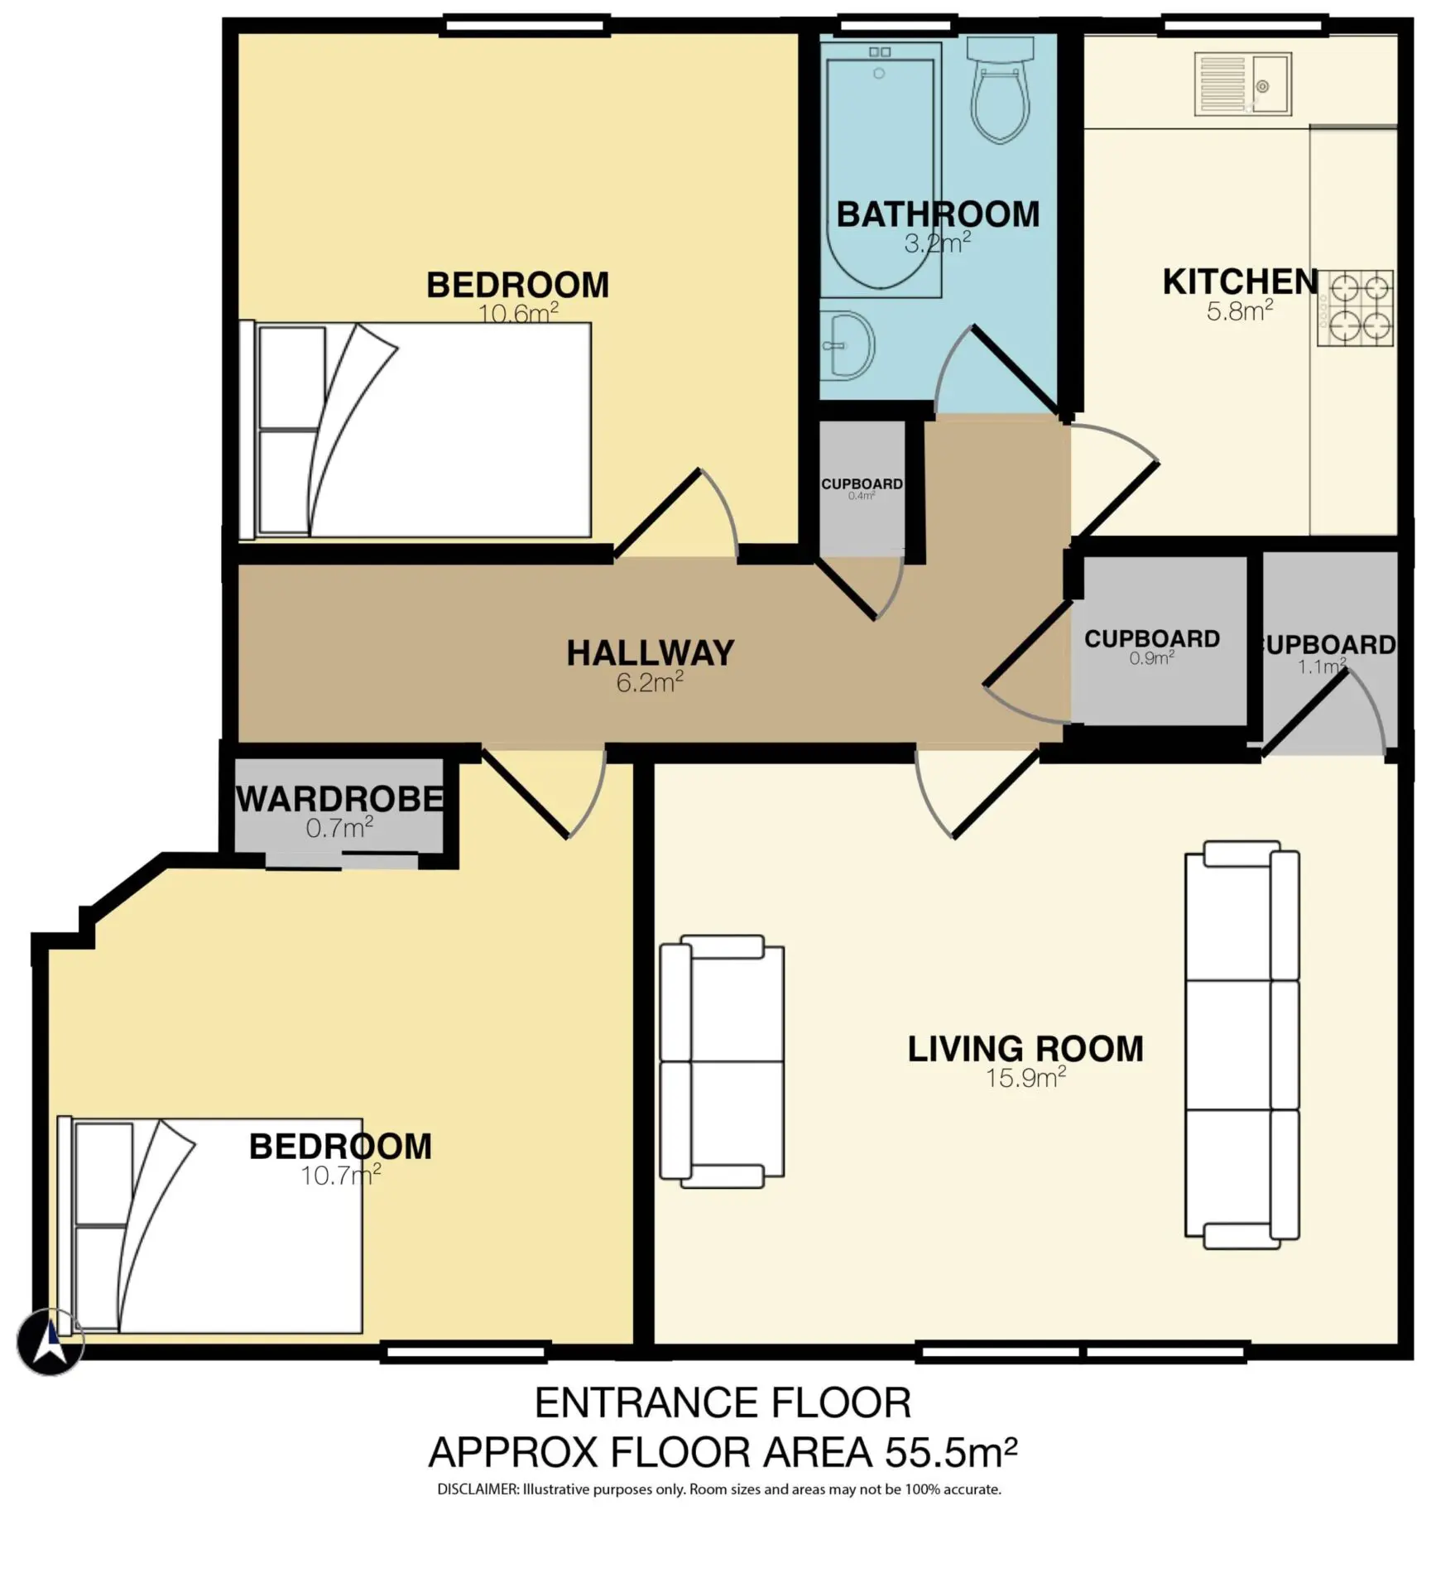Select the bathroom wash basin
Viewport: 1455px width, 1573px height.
point(847,345)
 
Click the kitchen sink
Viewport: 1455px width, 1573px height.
point(1242,84)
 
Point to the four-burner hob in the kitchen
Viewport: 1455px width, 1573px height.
point(1356,308)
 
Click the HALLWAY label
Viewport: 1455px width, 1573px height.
point(651,653)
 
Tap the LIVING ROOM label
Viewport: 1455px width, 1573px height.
point(1025,1049)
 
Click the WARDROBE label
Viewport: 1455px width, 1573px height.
point(340,800)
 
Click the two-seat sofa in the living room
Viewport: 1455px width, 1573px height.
point(722,1061)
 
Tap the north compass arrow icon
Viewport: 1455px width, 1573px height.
point(50,1342)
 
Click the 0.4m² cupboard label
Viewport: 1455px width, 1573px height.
point(862,497)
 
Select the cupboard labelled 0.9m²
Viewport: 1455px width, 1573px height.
point(1159,641)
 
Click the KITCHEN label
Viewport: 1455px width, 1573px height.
point(1240,282)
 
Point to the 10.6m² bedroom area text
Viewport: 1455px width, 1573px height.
point(518,313)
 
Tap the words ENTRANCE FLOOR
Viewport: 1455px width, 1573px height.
point(723,1403)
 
